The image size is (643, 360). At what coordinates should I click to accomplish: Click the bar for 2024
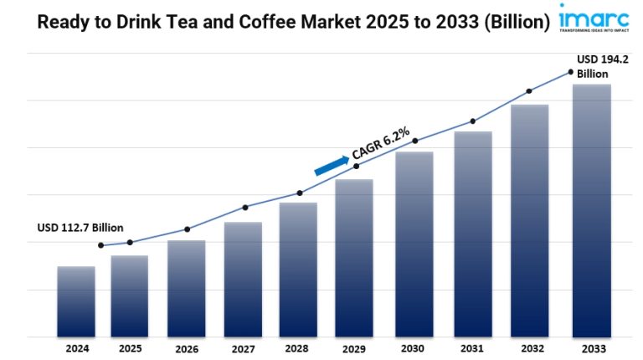point(76,301)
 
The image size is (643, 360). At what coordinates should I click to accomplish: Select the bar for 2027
point(243,280)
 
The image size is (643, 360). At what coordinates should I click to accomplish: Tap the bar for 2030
point(414,244)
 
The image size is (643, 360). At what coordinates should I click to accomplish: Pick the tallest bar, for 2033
point(591,211)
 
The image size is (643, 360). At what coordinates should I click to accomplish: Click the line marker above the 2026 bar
point(187,229)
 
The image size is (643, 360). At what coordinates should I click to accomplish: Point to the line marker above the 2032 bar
point(529,91)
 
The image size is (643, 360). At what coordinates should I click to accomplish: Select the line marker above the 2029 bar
point(358,167)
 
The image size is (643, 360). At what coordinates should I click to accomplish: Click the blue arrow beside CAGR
point(332,165)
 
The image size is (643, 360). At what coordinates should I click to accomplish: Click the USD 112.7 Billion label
point(80,228)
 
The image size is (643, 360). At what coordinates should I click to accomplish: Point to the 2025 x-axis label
point(130,347)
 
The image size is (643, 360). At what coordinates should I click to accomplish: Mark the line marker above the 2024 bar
point(101,245)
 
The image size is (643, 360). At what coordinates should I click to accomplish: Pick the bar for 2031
point(473,234)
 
